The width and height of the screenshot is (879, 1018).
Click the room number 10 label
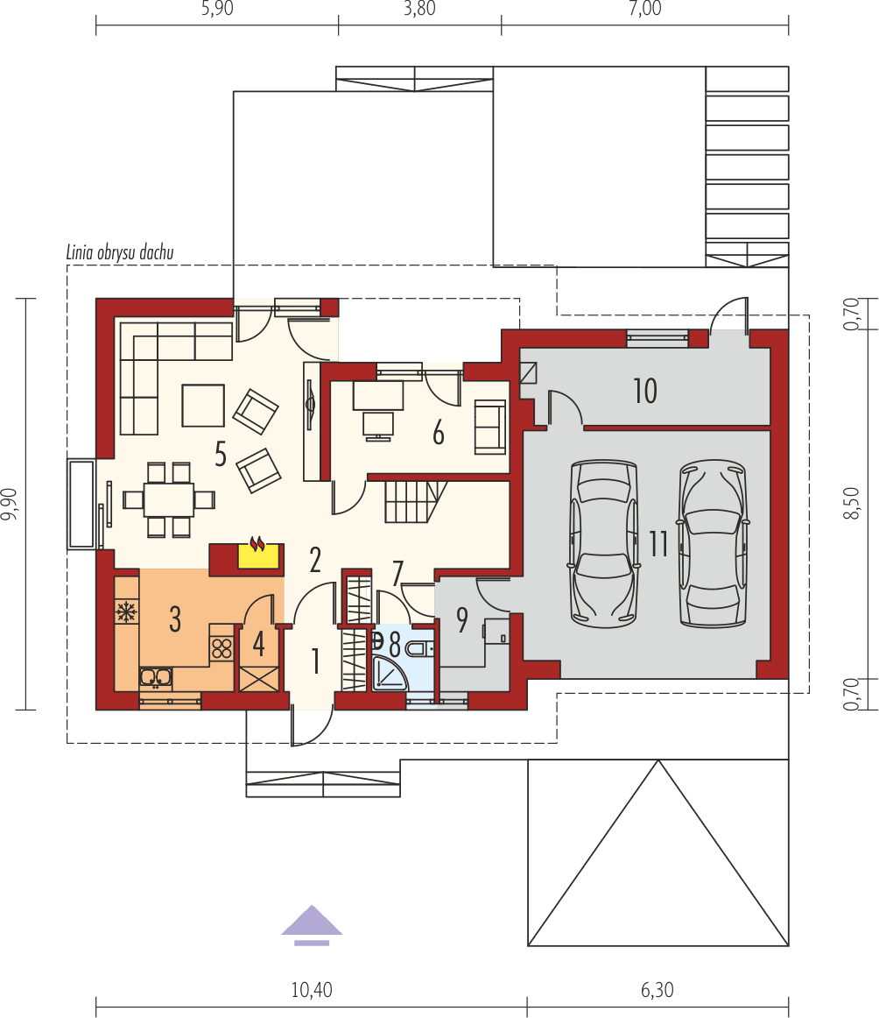[x=644, y=392]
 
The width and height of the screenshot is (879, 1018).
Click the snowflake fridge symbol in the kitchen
[x=125, y=612]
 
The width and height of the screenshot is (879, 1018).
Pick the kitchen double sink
[x=156, y=676]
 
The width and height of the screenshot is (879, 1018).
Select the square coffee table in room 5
[x=203, y=405]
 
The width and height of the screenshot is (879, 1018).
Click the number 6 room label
[x=439, y=433]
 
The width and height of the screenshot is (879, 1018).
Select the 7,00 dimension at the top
[x=644, y=10]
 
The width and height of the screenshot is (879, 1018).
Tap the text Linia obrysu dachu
[x=120, y=252]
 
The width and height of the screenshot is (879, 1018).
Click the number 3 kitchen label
[x=175, y=619]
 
